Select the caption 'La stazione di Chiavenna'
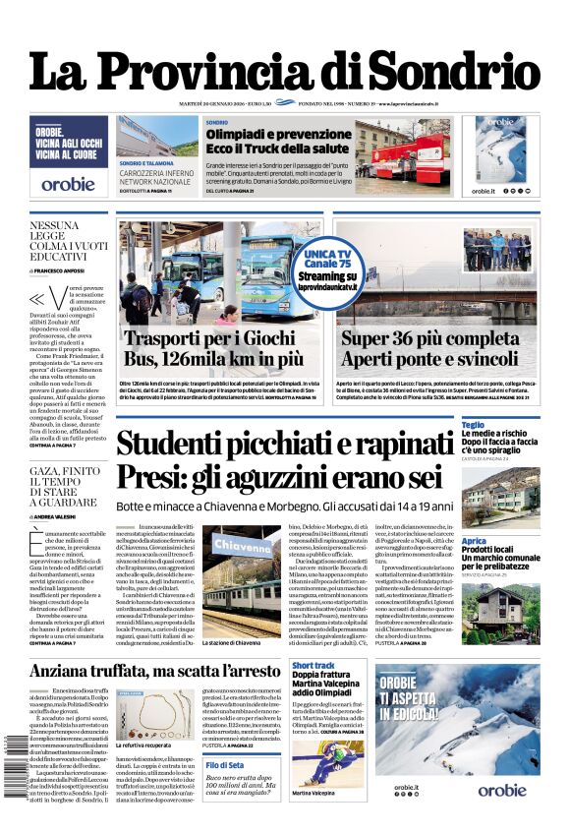(x=231, y=642)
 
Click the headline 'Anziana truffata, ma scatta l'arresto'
(x=155, y=671)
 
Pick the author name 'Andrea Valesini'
(x=64, y=515)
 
